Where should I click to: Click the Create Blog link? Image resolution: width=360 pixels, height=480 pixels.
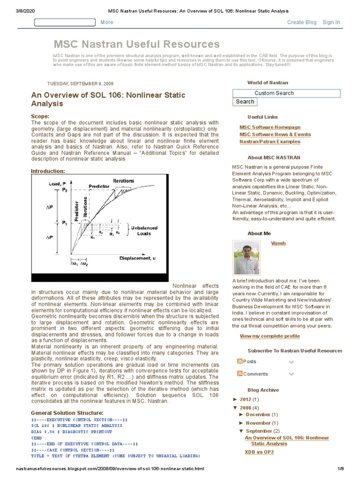[301, 22]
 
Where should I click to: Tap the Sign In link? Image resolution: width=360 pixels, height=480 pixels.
[331, 22]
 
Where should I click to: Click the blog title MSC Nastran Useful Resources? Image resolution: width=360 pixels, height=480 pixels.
[136, 44]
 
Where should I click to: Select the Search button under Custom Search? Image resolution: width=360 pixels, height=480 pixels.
[245, 102]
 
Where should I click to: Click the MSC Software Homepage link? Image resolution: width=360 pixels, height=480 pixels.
[270, 127]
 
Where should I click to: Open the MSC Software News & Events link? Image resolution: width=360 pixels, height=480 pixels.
[275, 135]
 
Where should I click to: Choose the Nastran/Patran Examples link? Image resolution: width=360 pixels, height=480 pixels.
[270, 142]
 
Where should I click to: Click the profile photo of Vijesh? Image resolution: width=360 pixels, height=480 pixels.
[247, 258]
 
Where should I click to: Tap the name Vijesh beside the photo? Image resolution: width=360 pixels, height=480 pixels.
[278, 244]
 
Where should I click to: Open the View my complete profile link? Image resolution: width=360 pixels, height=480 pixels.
[270, 336]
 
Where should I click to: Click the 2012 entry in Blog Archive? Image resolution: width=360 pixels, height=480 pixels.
[246, 399]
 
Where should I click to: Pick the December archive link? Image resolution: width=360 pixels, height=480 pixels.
[258, 414]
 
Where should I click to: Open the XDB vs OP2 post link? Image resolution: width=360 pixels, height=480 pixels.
[259, 452]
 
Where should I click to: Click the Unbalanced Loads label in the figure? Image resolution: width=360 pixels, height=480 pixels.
[144, 231]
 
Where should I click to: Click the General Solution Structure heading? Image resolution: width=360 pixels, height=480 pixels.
[67, 412]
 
